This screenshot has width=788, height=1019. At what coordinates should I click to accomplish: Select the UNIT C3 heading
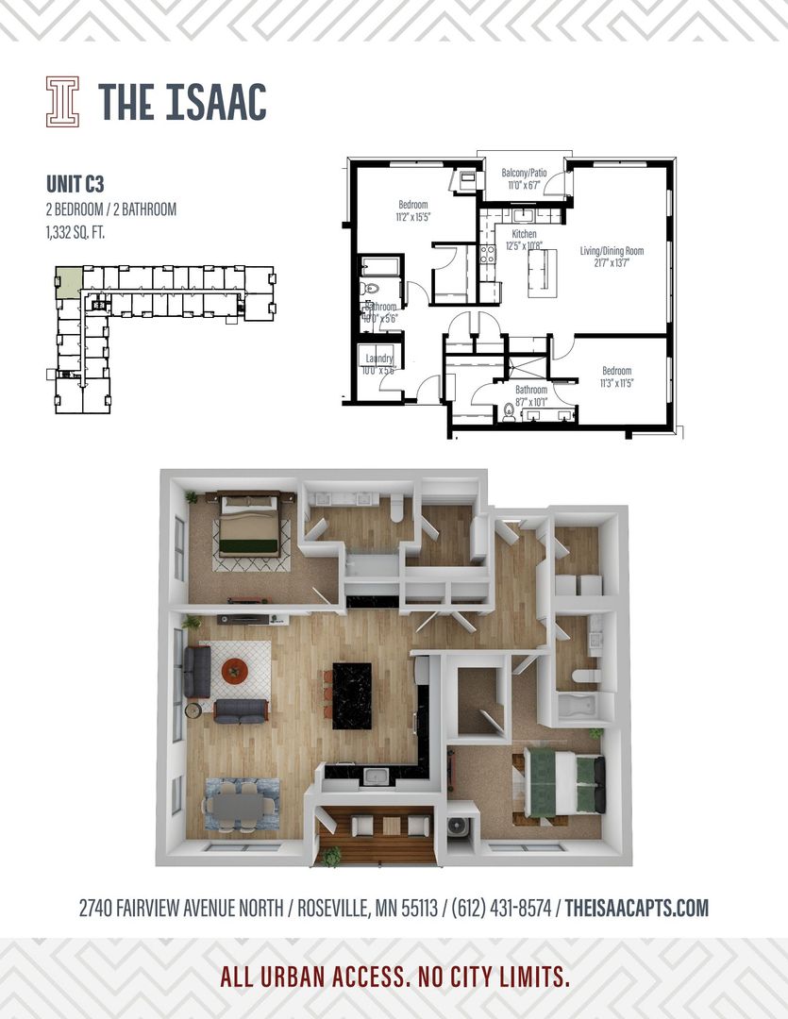coord(75,183)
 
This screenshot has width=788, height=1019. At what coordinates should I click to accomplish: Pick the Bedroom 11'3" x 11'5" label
coord(617,376)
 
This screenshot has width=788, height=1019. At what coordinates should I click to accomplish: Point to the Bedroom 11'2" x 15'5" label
coord(413,210)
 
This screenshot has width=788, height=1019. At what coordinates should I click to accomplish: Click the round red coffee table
coord(235,672)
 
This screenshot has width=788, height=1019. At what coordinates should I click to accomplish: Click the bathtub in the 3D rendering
coord(576,707)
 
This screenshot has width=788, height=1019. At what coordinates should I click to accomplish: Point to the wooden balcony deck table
coord(391,826)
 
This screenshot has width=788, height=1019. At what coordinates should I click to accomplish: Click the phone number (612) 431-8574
coord(503,909)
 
